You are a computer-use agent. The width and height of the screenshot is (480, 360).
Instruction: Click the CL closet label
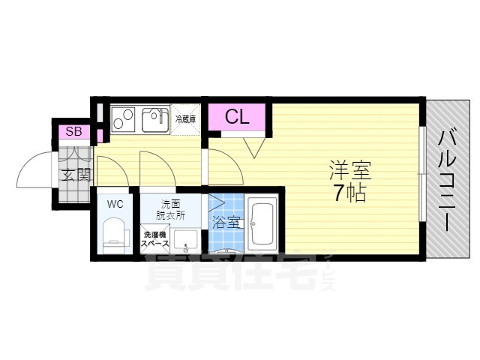click(236, 117)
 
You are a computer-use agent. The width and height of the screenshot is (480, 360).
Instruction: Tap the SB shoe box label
click(73, 132)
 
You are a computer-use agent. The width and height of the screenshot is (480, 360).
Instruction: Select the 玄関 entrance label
click(76, 176)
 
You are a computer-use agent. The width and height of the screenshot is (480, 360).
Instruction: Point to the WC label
click(115, 203)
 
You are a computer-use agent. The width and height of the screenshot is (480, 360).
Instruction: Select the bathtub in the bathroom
click(262, 223)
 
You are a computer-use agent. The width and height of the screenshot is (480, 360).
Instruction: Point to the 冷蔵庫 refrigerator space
click(186, 118)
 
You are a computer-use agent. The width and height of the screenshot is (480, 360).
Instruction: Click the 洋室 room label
click(350, 169)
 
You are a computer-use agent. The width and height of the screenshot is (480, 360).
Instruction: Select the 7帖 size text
click(350, 193)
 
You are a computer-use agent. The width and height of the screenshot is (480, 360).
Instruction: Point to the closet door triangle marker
click(253, 147)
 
